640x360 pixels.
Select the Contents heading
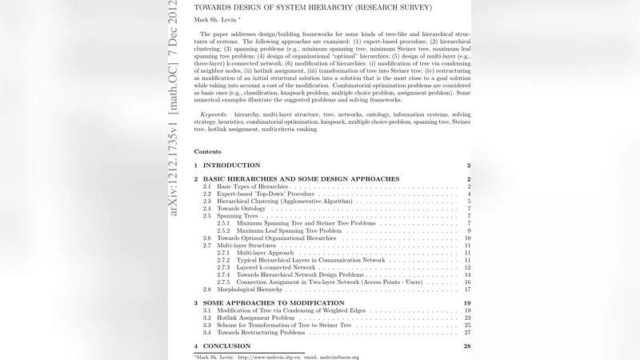[x=207, y=150]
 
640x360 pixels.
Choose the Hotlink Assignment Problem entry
[x=257, y=318]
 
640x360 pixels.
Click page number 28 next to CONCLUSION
[x=467, y=346]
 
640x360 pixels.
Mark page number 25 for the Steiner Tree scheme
[x=467, y=325]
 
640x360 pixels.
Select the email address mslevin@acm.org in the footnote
[x=338, y=357]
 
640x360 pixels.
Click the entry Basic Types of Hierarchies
[x=252, y=186]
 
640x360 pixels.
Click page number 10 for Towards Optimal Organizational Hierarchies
[x=467, y=238]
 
